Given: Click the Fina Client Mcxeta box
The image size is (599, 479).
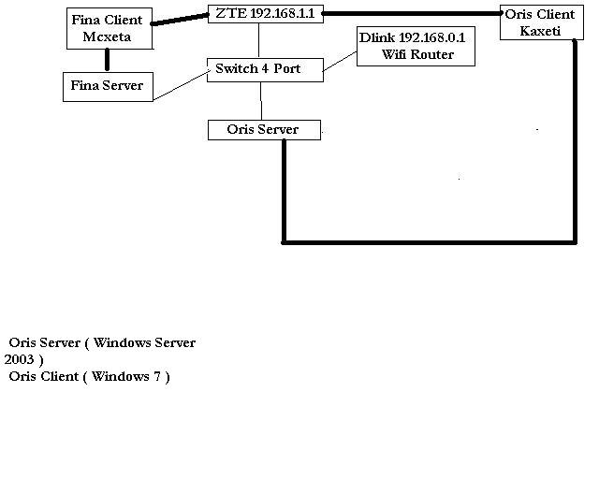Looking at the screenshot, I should (107, 28).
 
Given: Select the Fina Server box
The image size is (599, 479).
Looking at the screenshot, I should (107, 86).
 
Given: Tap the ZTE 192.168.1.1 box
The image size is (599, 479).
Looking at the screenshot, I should (263, 14).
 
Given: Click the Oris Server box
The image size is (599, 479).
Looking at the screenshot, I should (263, 130).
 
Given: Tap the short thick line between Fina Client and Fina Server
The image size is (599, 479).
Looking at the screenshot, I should (107, 60).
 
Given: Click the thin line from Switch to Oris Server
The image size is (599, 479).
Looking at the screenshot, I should (261, 99).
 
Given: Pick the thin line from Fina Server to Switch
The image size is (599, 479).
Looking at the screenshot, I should (179, 86).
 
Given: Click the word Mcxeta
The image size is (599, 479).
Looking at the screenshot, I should (107, 36).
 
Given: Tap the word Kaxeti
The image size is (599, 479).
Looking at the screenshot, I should (539, 31).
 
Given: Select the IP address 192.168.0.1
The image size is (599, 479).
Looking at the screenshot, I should (431, 37).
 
